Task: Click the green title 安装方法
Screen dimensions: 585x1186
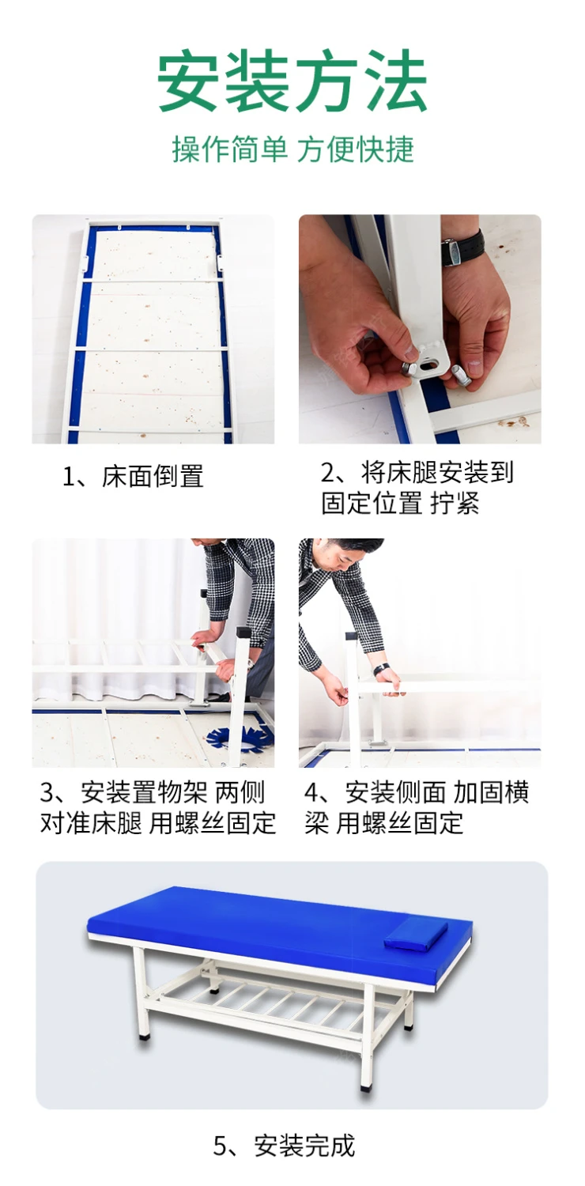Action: coord(292,80)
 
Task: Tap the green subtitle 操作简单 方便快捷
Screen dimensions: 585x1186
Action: coord(292,149)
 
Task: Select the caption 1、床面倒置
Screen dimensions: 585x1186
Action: coord(133,476)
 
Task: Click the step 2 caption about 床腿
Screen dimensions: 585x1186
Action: coord(417,488)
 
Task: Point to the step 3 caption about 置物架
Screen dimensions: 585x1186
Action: coord(158,807)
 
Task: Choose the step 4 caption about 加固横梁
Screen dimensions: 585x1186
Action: coord(417,807)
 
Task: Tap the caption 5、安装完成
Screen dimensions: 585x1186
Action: coord(284,1145)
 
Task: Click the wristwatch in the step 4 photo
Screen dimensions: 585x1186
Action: coord(382,669)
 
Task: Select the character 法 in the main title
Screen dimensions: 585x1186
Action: coord(394,81)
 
